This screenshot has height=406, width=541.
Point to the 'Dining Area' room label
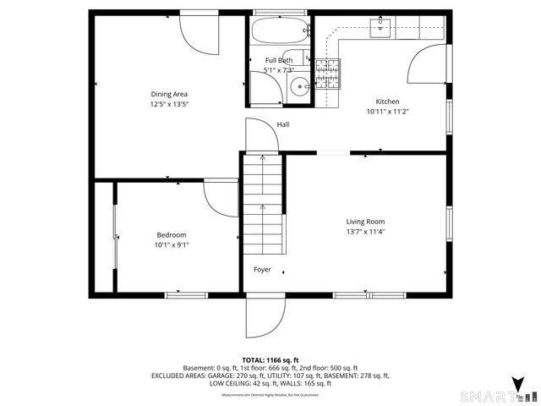click(169, 94)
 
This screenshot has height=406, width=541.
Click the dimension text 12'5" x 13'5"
click(169, 104)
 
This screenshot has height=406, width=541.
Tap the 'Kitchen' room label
click(388, 101)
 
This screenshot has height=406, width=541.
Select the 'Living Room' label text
click(365, 222)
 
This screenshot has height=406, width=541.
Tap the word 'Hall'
click(282, 125)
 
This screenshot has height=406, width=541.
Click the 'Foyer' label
click(263, 270)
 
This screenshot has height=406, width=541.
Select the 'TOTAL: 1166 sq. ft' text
click(270, 359)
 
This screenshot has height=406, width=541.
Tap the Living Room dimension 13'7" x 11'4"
click(365, 232)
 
